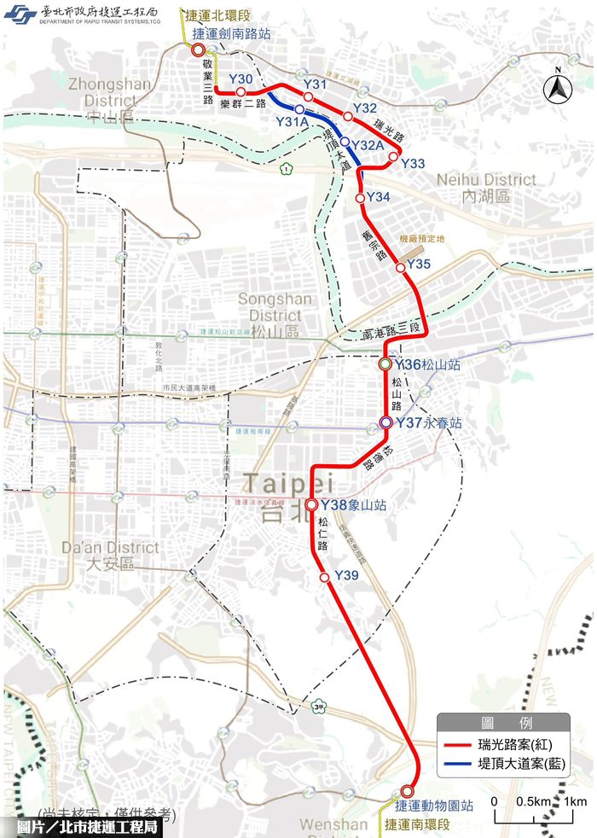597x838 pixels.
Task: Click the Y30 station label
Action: click(241, 79)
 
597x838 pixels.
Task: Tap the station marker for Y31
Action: click(309, 97)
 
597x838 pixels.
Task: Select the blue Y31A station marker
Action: click(299, 110)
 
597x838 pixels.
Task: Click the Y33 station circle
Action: click(393, 157)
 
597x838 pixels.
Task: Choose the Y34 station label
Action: click(379, 198)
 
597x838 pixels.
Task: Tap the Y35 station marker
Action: click(400, 267)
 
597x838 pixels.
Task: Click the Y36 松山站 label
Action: click(428, 364)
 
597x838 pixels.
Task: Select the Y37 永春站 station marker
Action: click(385, 422)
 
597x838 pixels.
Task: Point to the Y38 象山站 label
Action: click(353, 505)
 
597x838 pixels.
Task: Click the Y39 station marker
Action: click(324, 578)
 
